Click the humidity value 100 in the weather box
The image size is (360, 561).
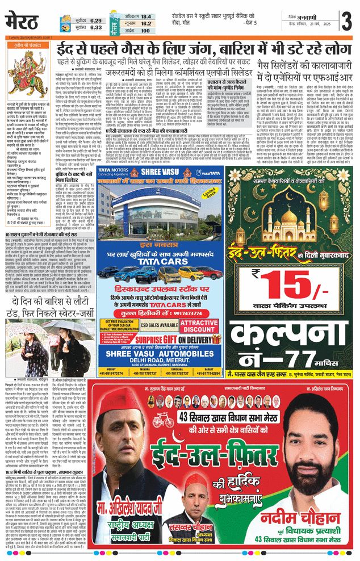[x=146, y=31]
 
